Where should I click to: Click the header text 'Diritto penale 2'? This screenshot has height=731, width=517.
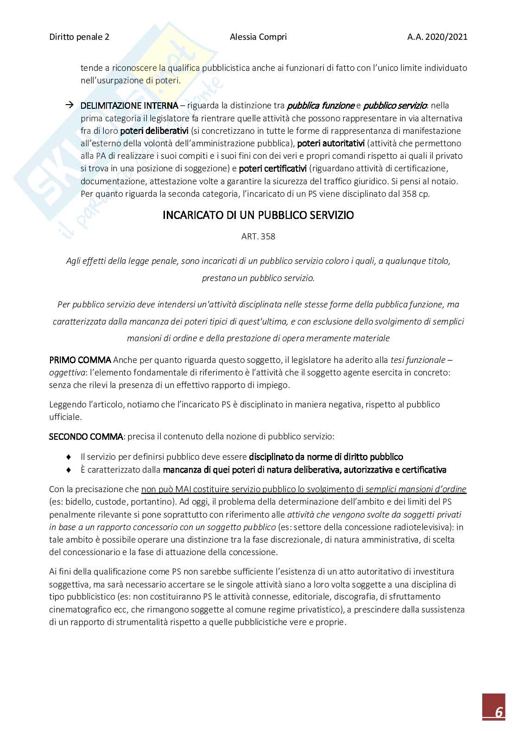pyautogui.click(x=79, y=37)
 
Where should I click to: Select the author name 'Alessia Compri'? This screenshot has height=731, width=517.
pyautogui.click(x=258, y=37)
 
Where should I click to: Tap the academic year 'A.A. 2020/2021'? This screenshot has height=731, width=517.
pyautogui.click(x=437, y=37)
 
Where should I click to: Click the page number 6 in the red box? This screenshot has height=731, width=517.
pyautogui.click(x=499, y=712)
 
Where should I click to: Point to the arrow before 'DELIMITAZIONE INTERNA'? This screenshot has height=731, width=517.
pyautogui.click(x=69, y=105)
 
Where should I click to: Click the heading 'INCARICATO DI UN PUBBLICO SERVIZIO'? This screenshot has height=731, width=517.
pyautogui.click(x=258, y=215)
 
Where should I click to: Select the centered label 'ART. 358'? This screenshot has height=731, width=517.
pyautogui.click(x=258, y=237)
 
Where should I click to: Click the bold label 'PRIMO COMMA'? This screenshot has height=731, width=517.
pyautogui.click(x=80, y=360)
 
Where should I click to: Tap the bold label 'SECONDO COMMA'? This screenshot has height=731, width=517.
pyautogui.click(x=86, y=436)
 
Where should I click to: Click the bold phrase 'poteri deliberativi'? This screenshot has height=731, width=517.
pyautogui.click(x=154, y=131)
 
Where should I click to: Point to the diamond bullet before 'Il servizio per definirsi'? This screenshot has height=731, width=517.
pyautogui.click(x=69, y=457)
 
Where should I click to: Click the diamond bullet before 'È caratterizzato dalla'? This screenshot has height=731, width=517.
pyautogui.click(x=69, y=470)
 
